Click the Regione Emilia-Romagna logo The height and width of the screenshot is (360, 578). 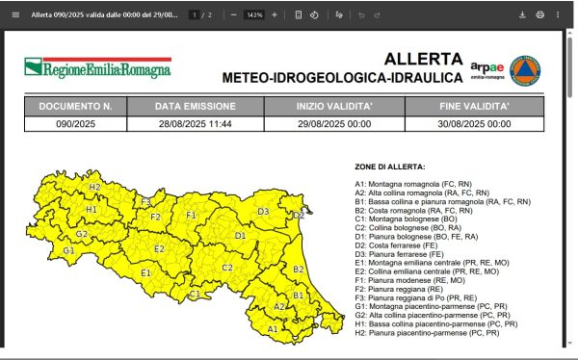tap(97, 68)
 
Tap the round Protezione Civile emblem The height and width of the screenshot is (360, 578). tap(525, 68)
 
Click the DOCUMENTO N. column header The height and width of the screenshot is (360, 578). tap(75, 106)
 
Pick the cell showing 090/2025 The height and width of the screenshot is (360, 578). tap(75, 123)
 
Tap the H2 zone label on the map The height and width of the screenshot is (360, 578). tap(94, 187)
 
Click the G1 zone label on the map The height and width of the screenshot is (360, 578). tap(68, 250)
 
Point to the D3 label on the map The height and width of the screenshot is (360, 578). tap(263, 211)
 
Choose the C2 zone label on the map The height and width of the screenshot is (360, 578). tap(227, 268)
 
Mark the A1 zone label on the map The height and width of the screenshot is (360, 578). tap(273, 328)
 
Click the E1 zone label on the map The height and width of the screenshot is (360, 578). tap(145, 273)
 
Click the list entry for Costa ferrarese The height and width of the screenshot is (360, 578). tap(405, 244)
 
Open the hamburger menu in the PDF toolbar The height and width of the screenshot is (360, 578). tap(14, 14)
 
